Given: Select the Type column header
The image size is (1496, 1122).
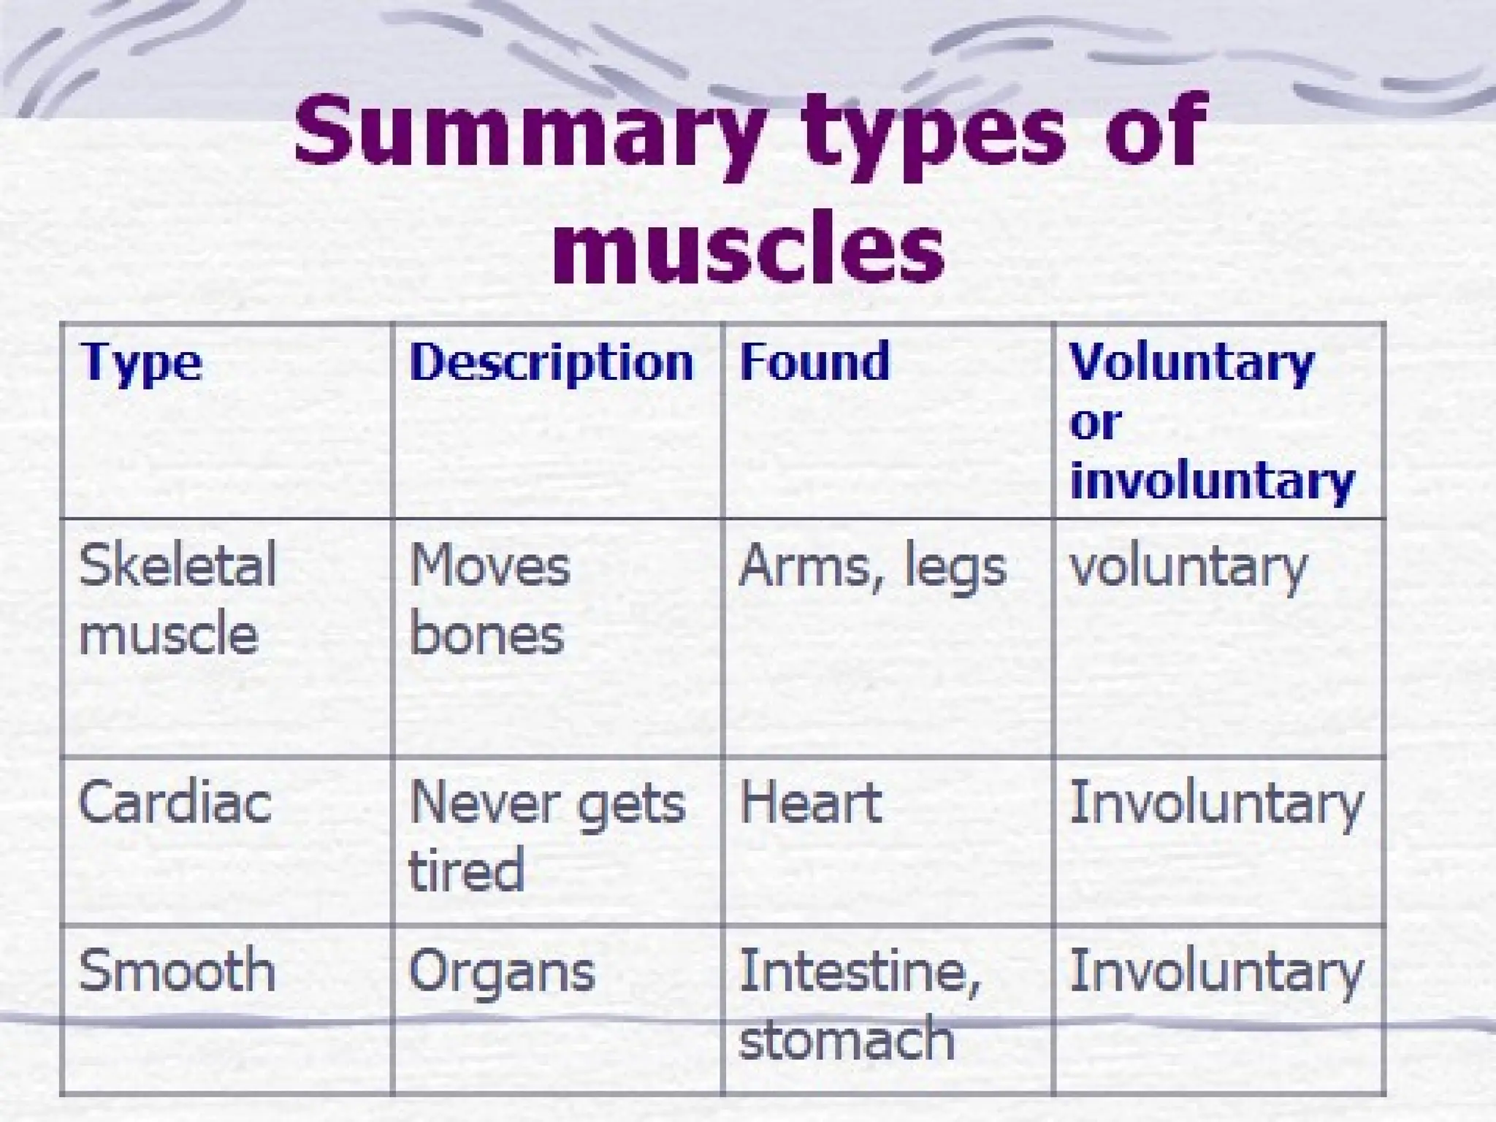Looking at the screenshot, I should [x=141, y=362].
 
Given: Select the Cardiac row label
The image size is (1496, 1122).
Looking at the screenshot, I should [x=175, y=803].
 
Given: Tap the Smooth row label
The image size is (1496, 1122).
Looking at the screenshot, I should [x=177, y=971].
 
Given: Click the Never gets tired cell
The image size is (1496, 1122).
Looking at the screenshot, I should [x=546, y=836].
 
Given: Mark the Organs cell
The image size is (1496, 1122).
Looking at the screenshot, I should [x=502, y=972].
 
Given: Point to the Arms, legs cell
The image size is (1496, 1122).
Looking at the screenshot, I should [x=872, y=567].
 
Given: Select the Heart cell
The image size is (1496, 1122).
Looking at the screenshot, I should [x=811, y=803].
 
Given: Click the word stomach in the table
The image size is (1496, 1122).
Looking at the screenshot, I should [x=847, y=1038].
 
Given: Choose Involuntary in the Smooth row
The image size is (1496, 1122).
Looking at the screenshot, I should [x=1216, y=972].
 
